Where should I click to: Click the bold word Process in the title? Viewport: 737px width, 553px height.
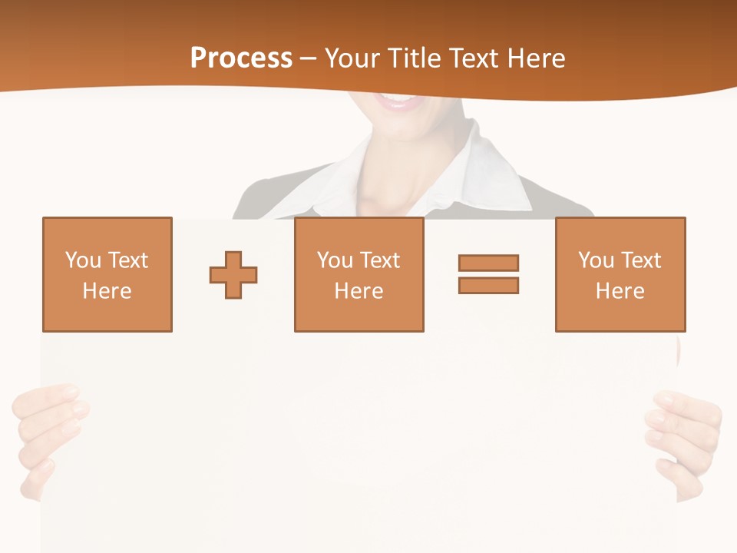coord(241,58)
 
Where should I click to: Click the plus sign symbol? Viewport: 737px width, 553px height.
coord(233,275)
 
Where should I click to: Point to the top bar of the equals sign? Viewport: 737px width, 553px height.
coord(488,263)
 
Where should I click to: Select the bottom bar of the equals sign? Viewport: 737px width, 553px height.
coord(488,285)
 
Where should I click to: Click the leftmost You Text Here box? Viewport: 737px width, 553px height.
coord(107,275)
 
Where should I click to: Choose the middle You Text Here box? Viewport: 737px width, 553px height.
coord(359,275)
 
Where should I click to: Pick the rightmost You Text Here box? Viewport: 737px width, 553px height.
coord(620,275)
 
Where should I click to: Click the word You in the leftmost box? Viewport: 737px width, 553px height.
coord(83,260)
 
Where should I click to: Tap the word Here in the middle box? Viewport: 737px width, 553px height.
coord(359,291)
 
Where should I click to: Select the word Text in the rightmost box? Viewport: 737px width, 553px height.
coord(641,260)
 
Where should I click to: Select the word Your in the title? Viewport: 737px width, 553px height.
coord(352,58)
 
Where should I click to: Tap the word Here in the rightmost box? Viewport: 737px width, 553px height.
coord(620,291)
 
